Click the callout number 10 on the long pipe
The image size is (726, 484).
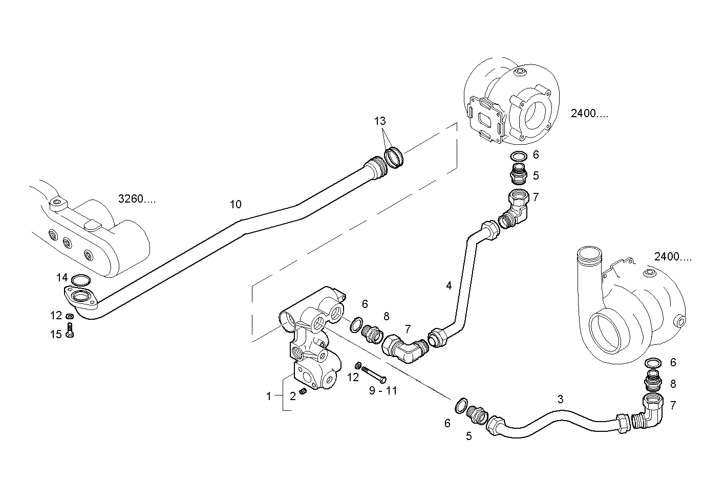pos(235,205)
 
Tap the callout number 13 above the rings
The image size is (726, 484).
pos(379,121)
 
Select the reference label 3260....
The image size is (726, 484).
pos(137,199)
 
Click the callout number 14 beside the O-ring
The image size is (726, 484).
pos(62,278)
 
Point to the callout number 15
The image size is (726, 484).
pos(56,334)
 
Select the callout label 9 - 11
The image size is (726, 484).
pos(383,391)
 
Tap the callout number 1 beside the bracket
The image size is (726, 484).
pos(268,395)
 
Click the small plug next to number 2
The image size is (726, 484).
pos(303,391)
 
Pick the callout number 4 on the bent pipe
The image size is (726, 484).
pos(449,285)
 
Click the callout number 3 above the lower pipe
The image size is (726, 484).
pos(560,399)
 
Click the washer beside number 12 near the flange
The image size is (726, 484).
pos(70,316)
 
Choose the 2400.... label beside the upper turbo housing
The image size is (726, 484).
pos(590,114)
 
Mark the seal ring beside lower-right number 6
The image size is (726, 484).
pos(652,363)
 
